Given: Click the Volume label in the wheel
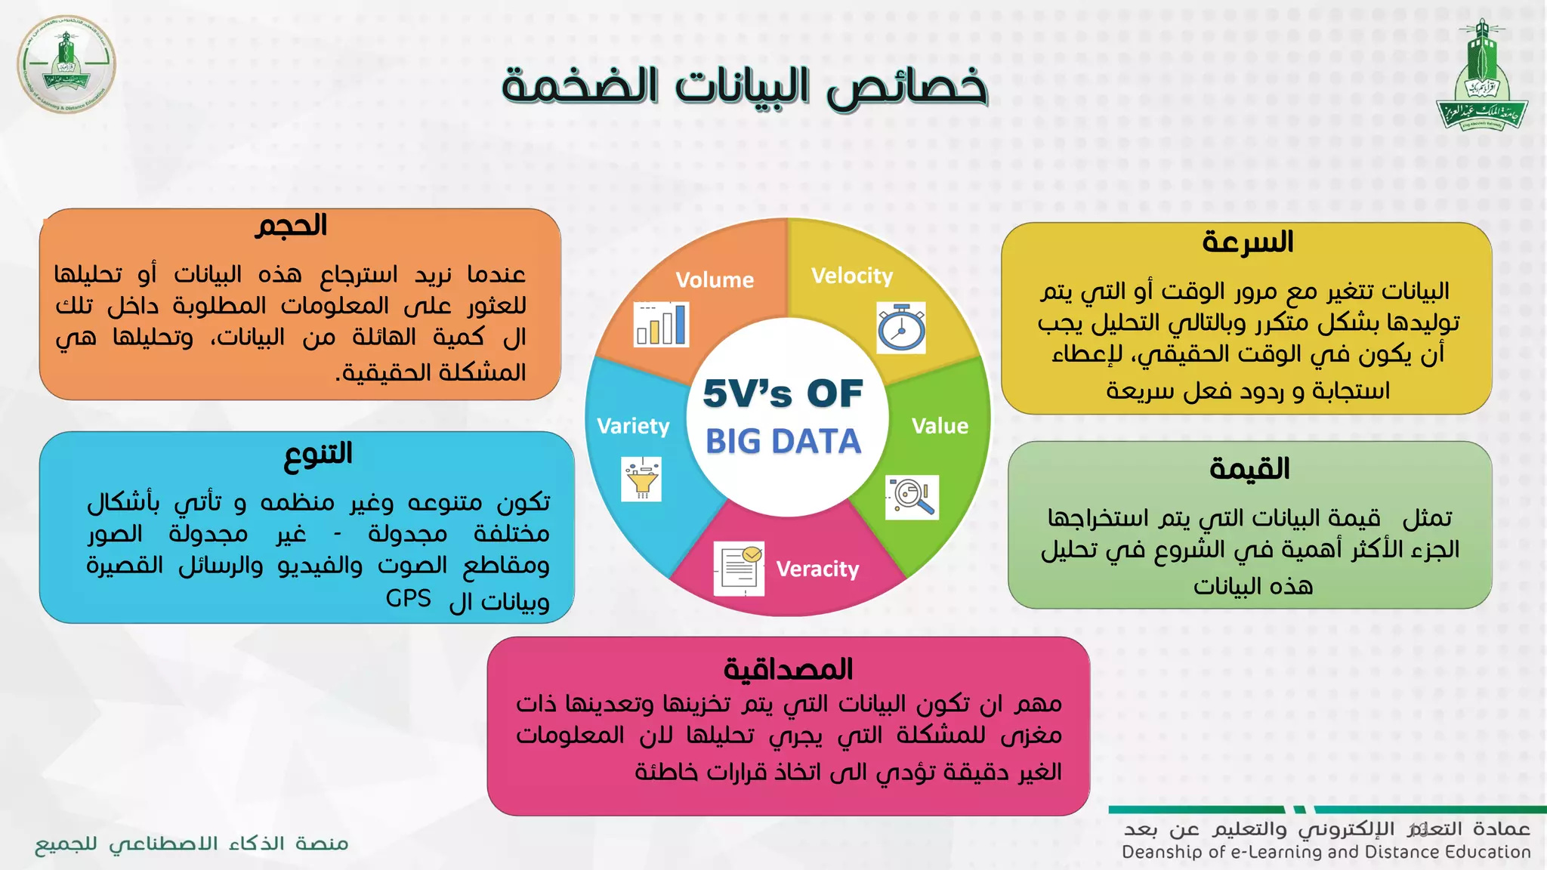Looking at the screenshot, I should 715,280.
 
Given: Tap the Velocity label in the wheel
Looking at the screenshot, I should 852,276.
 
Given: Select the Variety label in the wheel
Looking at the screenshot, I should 633,426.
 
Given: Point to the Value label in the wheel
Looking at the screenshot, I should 940,426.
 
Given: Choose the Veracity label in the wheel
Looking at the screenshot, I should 817,569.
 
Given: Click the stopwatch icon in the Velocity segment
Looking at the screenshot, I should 901,328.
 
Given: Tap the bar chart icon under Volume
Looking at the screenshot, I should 661,324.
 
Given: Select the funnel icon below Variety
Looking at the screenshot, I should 641,480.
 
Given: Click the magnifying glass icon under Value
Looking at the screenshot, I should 912,497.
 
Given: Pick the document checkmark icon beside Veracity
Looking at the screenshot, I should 739,568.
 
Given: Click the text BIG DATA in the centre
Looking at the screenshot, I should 783,441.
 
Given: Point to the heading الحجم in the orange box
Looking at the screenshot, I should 291,226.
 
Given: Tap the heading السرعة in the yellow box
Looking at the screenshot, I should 1248,242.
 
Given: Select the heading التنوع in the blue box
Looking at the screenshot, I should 318,454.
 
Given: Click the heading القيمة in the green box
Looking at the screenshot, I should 1249,469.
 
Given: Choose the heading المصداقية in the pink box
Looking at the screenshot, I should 788,669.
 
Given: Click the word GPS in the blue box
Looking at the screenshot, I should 408,599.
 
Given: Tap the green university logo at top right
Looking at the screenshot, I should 1482,76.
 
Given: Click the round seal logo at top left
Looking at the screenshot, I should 66,64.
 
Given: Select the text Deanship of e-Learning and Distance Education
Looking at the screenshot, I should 1326,853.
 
